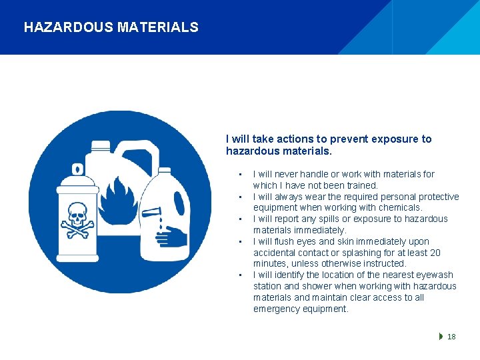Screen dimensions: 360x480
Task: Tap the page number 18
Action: point(451,337)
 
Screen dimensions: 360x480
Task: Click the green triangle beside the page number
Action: point(441,337)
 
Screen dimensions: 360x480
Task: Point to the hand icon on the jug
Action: point(173,236)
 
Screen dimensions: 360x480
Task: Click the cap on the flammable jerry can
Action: point(101,145)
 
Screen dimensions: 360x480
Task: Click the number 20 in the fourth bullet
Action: point(435,253)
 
